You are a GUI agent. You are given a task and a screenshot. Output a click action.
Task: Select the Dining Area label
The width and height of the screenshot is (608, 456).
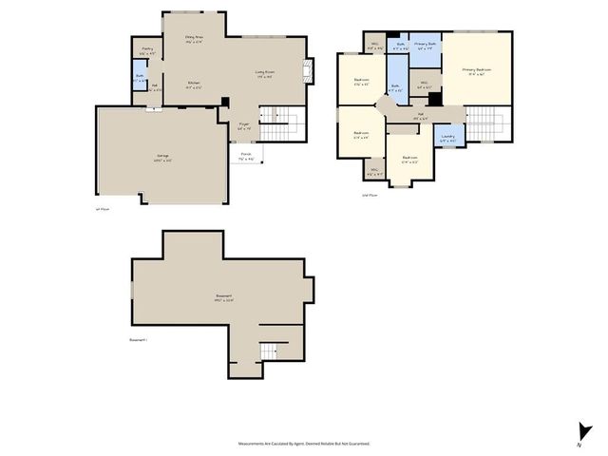coord(195,39)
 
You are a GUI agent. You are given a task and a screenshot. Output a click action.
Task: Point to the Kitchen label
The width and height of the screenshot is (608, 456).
coord(194,85)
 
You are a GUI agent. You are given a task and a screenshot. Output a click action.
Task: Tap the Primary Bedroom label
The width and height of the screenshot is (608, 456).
coord(476,71)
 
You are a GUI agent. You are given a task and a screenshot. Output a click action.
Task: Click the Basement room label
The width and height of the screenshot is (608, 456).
coord(224,297)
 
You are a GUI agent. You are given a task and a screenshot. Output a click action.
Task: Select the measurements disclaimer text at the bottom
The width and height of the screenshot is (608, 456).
coord(304,443)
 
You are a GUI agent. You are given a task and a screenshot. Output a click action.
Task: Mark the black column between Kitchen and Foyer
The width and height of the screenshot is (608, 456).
coord(224,102)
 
